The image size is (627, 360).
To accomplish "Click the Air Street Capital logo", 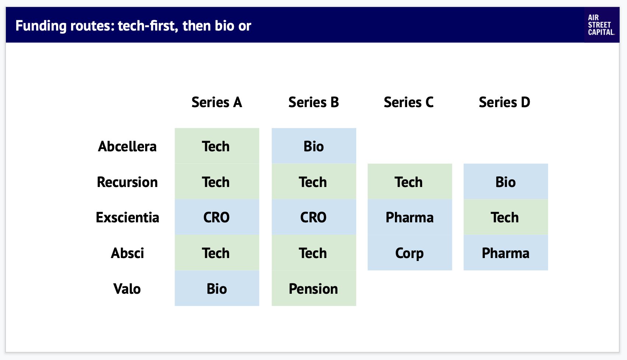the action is click(601, 25).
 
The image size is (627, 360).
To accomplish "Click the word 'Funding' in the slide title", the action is click(41, 26).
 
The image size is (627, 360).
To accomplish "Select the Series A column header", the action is click(217, 102).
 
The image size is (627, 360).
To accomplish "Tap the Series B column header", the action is click(313, 102).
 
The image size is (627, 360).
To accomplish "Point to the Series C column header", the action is click(409, 102).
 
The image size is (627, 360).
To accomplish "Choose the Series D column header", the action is click(504, 102).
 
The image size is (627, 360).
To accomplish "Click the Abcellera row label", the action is click(127, 146).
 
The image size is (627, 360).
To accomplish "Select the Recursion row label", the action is click(127, 182).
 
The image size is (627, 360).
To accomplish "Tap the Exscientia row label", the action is click(127, 217).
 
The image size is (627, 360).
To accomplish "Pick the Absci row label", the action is click(127, 253).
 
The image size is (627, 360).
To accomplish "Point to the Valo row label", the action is click(127, 289).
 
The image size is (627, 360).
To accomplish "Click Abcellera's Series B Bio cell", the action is click(314, 146).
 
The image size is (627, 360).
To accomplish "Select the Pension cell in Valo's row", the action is click(314, 288).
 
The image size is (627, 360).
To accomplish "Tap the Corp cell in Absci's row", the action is click(410, 253).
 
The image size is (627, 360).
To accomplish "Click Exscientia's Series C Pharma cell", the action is click(410, 217).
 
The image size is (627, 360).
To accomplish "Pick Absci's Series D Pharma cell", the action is click(506, 253).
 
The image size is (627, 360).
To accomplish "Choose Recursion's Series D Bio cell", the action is click(506, 181).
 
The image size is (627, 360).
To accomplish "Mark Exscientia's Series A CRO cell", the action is click(217, 217).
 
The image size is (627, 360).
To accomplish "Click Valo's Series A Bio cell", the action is click(217, 288).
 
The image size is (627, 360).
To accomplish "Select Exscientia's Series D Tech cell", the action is click(506, 217).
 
